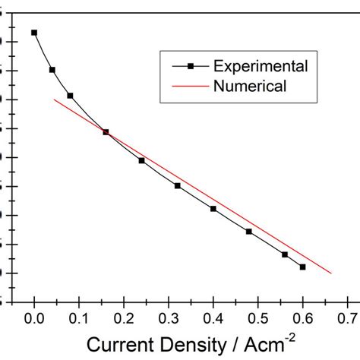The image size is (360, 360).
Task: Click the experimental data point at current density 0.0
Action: [x=34, y=33]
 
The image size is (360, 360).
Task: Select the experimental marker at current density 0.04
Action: [x=52, y=70]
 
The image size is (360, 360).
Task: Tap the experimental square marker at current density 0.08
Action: [x=70, y=96]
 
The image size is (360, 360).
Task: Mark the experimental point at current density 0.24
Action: [x=142, y=160]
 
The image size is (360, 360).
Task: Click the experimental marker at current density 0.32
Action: [x=178, y=185]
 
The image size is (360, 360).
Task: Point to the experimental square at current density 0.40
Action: [x=213, y=208]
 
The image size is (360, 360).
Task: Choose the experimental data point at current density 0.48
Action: [x=249, y=231]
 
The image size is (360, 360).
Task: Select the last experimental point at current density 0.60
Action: [x=303, y=267]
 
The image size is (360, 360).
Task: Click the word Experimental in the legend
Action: [x=261, y=66]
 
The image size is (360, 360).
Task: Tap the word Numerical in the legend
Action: [x=250, y=86]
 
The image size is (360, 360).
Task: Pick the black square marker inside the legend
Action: [x=191, y=67]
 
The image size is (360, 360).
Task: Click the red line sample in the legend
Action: [x=191, y=86]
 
